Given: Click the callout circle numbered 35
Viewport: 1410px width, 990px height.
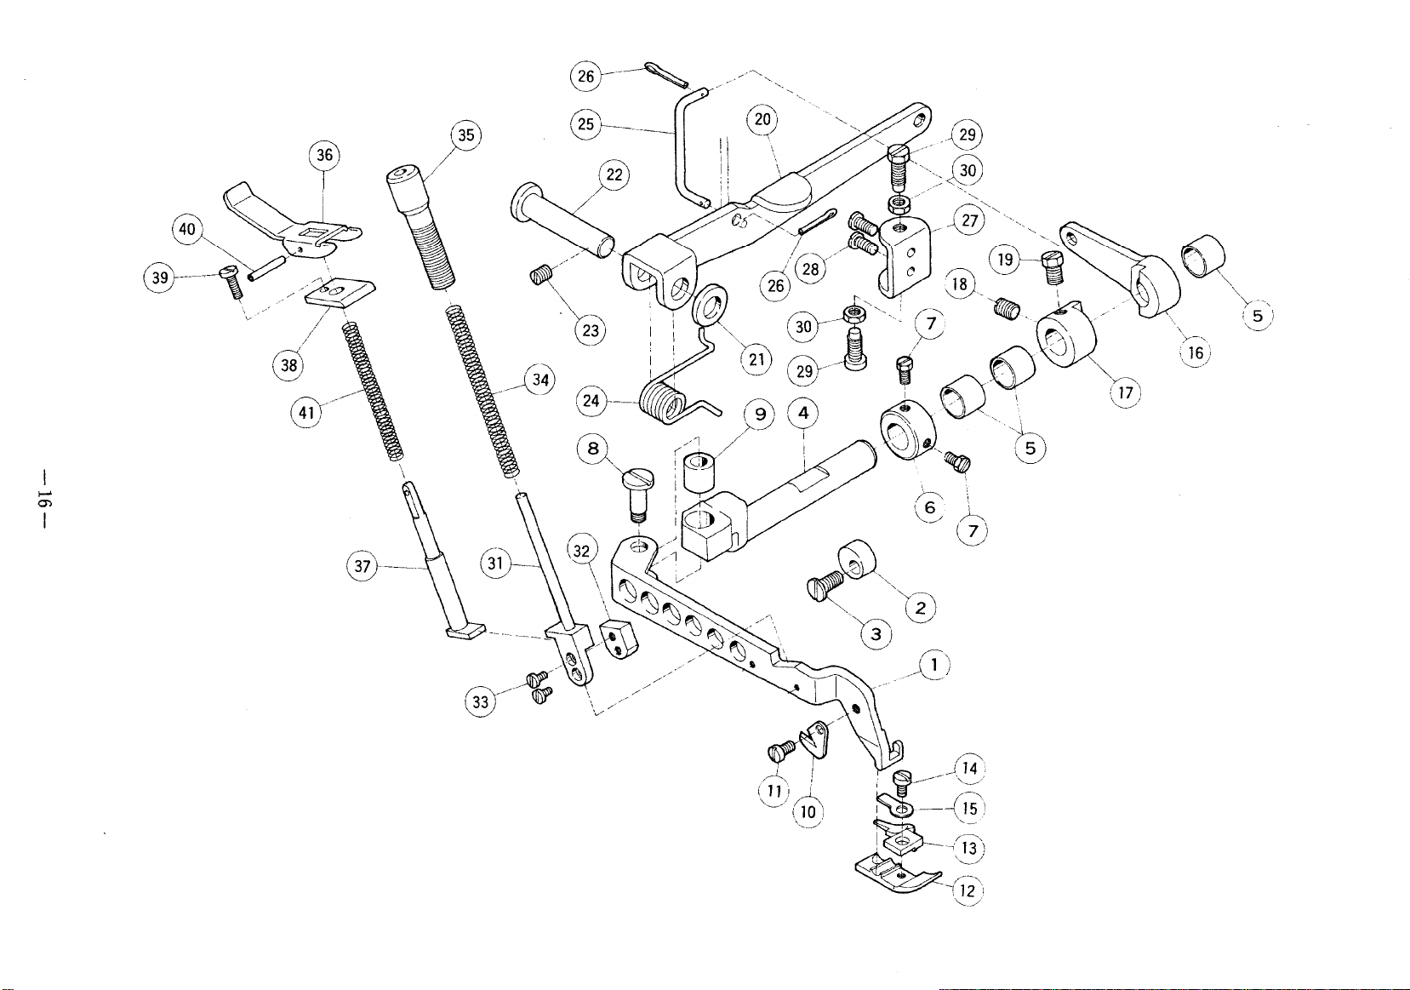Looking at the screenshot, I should pyautogui.click(x=466, y=134).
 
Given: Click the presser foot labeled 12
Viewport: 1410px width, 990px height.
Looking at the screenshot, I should pyautogui.click(x=893, y=871).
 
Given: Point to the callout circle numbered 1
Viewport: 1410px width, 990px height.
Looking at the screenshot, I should pyautogui.click(x=934, y=665).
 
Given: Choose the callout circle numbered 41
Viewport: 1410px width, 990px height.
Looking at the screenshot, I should pyautogui.click(x=306, y=413).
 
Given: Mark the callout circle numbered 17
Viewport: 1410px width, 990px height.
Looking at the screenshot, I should pyautogui.click(x=1125, y=392).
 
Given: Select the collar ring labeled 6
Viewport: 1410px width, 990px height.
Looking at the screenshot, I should pyautogui.click(x=905, y=430).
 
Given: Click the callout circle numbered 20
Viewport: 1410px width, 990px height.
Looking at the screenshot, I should pyautogui.click(x=762, y=119).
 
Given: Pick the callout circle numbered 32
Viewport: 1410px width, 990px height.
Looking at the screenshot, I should pyautogui.click(x=581, y=551).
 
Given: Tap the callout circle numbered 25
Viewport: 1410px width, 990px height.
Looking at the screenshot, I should pyautogui.click(x=585, y=124).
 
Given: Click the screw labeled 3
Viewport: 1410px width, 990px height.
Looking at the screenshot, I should pyautogui.click(x=824, y=585).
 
